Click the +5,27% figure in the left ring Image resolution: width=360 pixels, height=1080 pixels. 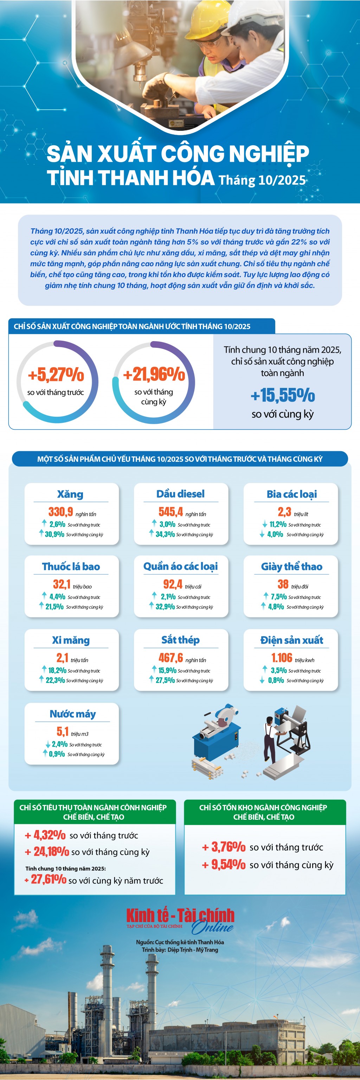[x=56, y=375]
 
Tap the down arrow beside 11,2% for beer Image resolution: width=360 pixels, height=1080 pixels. [x=264, y=524]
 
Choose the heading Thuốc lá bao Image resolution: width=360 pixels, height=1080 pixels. [x=71, y=567]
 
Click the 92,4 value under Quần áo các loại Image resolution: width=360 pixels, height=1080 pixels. [x=173, y=584]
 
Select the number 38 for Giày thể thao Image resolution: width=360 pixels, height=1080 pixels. [x=283, y=584]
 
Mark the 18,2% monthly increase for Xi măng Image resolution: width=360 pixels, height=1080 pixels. [x=57, y=670]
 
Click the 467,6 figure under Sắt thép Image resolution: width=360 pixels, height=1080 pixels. [x=171, y=657]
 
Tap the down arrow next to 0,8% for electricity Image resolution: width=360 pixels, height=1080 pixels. [x=262, y=680]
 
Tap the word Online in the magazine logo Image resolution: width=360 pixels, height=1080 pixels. [x=212, y=927]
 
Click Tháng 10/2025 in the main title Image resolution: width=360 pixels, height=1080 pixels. [x=262, y=180]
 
